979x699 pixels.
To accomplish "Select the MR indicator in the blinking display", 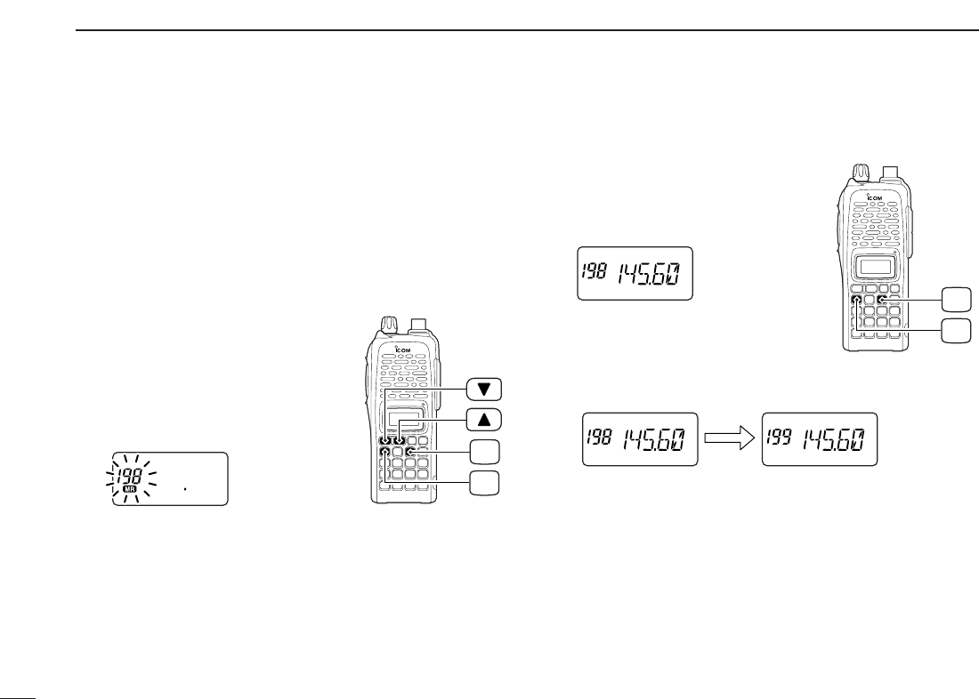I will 129,488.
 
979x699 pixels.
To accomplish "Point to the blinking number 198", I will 130,473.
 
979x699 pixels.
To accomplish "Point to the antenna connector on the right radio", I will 891,172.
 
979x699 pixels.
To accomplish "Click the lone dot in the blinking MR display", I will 185,486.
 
